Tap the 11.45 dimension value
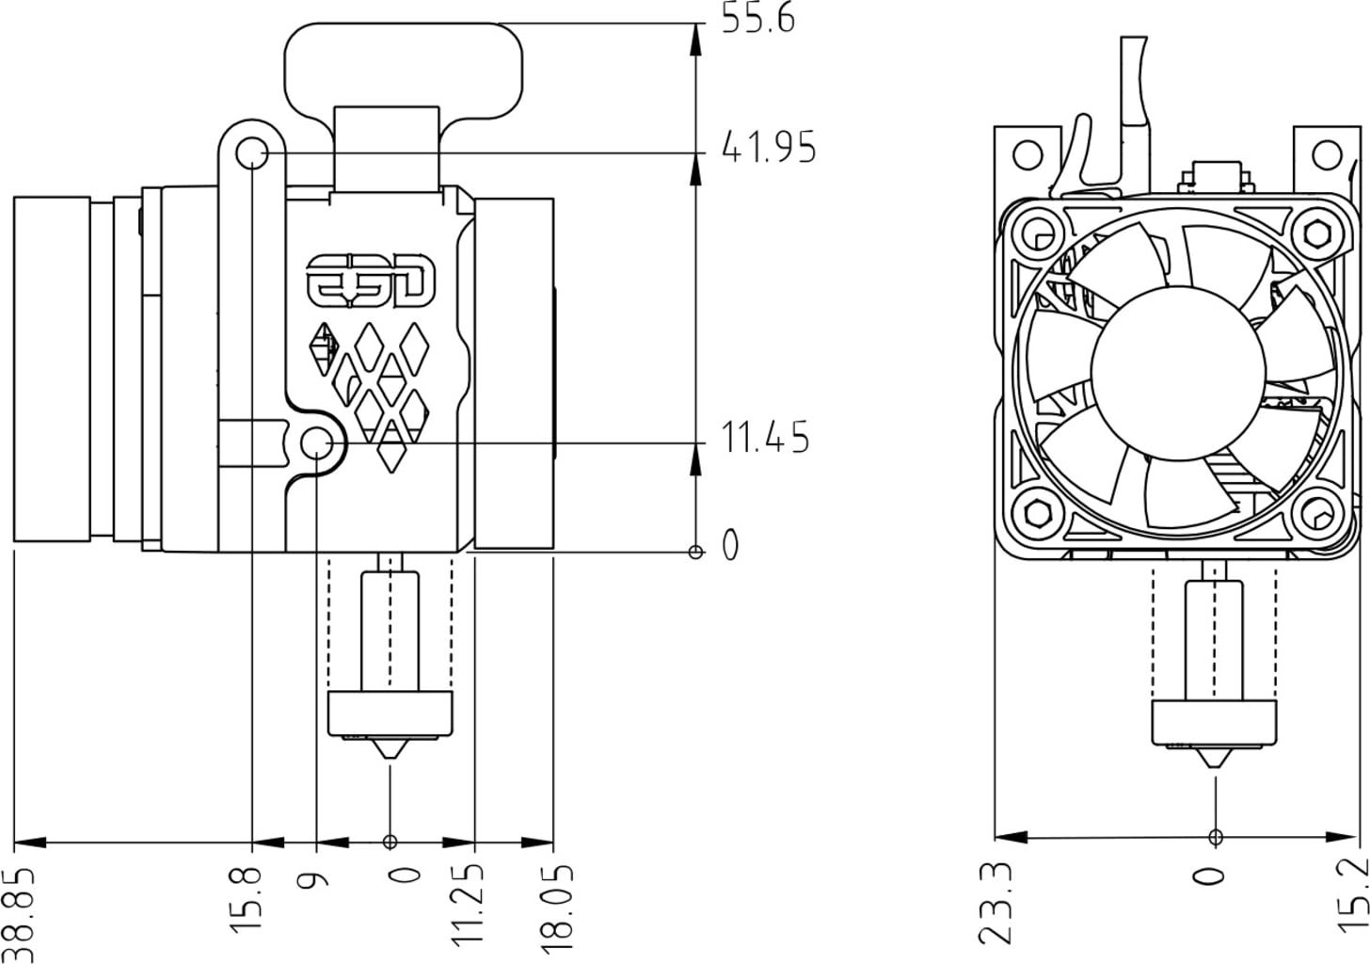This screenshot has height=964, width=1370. point(765,439)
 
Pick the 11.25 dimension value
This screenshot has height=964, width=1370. point(470,902)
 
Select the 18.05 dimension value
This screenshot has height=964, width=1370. point(556,902)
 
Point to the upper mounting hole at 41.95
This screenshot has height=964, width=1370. point(251,153)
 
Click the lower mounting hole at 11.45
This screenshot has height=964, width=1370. point(318,442)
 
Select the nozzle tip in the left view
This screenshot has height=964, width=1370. point(390,755)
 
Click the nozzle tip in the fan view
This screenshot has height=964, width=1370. point(1215,760)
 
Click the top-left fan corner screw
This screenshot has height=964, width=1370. point(1039,232)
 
